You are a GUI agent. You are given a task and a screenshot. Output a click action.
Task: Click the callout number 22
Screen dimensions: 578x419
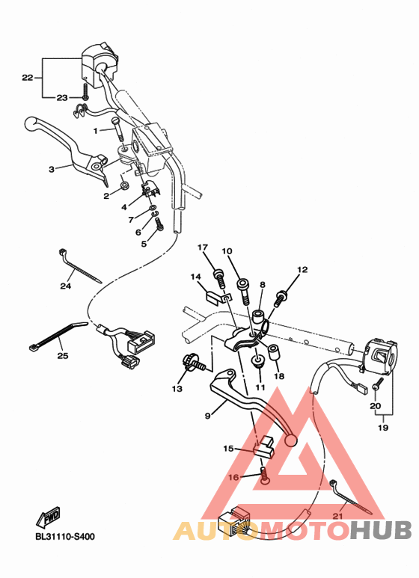(x=27, y=77)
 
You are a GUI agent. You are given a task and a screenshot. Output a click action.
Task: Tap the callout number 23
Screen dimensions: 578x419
(x=62, y=97)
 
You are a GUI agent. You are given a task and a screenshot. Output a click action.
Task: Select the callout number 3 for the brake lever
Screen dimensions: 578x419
(x=52, y=170)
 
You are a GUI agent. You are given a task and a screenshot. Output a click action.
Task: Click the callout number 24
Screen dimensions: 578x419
(x=66, y=285)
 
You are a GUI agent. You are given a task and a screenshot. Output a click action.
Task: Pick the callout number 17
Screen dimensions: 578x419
(x=202, y=248)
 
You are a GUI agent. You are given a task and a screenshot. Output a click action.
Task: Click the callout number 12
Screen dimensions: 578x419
(x=302, y=269)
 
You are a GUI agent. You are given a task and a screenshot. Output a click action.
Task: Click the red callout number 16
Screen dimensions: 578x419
(x=233, y=476)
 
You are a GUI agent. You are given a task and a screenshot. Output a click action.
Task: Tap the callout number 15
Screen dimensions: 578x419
(x=228, y=449)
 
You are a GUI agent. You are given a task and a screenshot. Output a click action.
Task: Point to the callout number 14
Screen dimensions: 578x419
(x=196, y=277)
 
